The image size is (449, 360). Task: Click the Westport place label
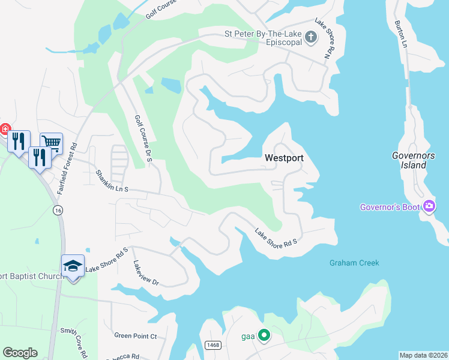(284, 158)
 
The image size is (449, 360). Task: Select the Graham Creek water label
(354, 263)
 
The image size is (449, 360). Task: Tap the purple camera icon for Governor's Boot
(429, 207)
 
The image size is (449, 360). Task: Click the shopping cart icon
(51, 143)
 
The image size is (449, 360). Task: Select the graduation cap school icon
(73, 265)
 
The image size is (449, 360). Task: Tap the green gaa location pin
(263, 335)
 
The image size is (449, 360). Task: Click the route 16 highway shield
(57, 210)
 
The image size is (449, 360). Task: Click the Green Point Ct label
(135, 336)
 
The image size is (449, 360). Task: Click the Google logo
(20, 353)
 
